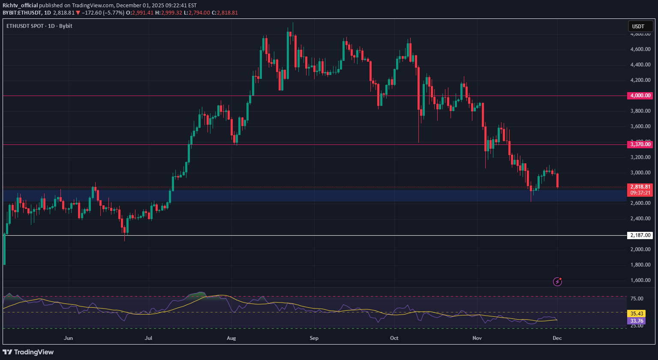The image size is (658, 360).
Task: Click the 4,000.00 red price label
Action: click(x=640, y=96)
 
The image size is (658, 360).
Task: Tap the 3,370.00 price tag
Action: click(x=640, y=144)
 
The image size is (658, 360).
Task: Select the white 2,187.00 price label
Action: click(x=640, y=235)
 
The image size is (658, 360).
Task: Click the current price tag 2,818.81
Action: click(x=640, y=187)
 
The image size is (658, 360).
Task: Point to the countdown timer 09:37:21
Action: click(x=640, y=193)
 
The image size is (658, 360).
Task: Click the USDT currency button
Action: click(x=638, y=27)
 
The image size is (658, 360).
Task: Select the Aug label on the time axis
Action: click(x=231, y=338)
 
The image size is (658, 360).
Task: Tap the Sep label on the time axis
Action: click(x=314, y=338)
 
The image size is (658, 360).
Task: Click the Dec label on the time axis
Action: click(x=557, y=338)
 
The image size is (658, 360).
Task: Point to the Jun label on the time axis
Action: click(x=68, y=338)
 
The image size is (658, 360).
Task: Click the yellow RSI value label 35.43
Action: click(x=635, y=313)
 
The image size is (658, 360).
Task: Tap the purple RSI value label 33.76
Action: click(x=635, y=321)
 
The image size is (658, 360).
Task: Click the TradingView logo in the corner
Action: click(x=28, y=352)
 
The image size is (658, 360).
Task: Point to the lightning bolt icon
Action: click(x=557, y=282)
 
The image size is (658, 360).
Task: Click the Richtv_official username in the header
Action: click(x=20, y=6)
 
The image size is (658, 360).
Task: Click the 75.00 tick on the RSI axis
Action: click(x=637, y=299)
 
